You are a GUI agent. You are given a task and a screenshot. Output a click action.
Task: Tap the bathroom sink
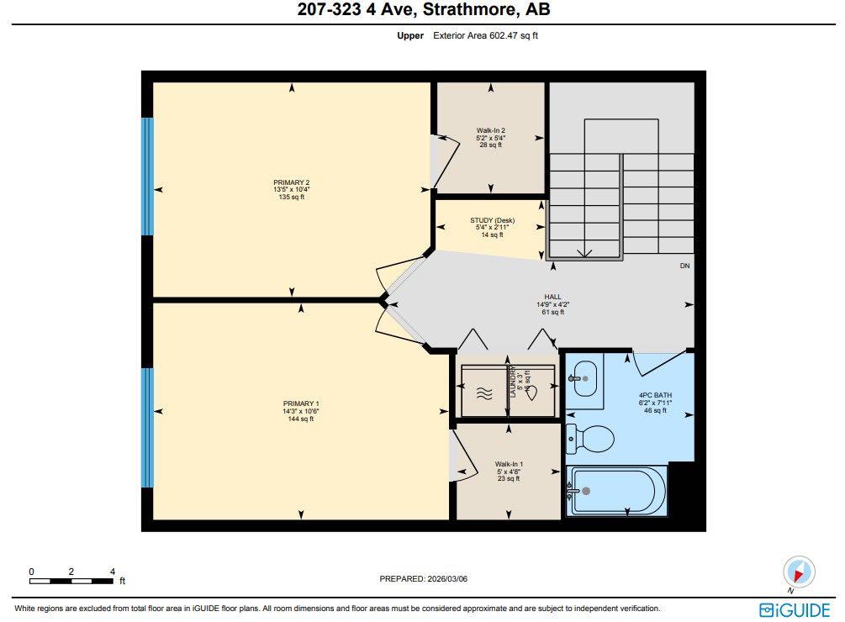[x=584, y=379]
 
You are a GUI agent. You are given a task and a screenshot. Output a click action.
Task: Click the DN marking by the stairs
[x=684, y=266]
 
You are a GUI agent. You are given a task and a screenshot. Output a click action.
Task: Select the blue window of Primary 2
[x=148, y=176]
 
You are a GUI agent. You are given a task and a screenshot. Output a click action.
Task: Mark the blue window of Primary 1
[x=148, y=428]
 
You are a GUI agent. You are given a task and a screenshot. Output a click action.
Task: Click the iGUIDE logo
[x=795, y=609]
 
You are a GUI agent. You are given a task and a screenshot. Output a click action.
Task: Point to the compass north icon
[x=799, y=572]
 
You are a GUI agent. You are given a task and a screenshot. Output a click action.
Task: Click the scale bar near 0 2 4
[x=71, y=580]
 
